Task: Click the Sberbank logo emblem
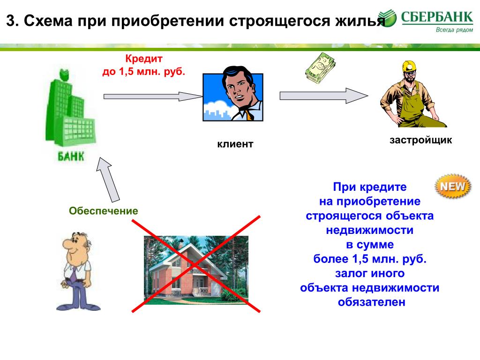[387, 18]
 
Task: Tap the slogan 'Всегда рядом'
[454, 30]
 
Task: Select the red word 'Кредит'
[144, 58]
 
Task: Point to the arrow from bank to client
[153, 97]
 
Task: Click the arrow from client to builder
[324, 96]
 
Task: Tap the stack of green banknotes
[320, 68]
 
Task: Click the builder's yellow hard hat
[409, 66]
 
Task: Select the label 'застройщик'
[420, 140]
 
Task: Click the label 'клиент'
[235, 144]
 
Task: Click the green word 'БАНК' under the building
[71, 157]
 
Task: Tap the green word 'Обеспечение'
[104, 210]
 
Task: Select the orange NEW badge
[453, 186]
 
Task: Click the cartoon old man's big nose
[67, 244]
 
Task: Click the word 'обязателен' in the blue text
[372, 302]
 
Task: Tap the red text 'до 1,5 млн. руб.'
[143, 71]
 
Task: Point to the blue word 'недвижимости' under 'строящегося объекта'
[370, 230]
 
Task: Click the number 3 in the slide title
[10, 21]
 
